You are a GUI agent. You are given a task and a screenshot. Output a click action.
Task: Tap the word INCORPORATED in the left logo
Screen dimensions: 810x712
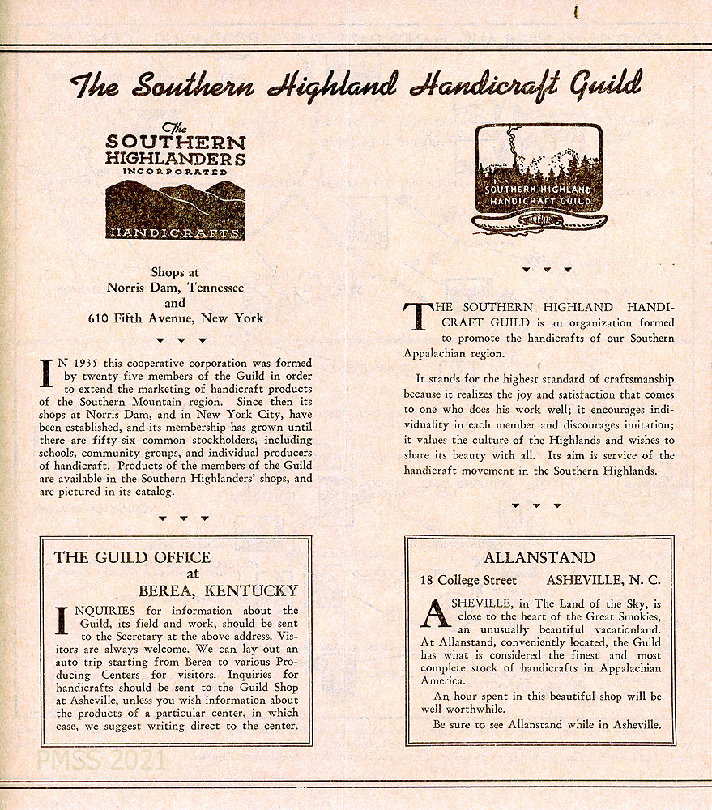tap(176, 172)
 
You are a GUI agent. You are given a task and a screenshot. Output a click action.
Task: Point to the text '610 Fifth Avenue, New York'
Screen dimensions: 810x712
tap(176, 318)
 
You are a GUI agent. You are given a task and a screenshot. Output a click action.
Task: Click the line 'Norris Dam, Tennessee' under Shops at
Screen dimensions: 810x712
tap(175, 288)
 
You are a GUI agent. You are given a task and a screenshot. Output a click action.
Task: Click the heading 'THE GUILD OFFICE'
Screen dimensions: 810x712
tap(132, 557)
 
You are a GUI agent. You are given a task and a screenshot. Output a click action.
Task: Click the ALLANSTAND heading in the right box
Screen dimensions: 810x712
tap(539, 558)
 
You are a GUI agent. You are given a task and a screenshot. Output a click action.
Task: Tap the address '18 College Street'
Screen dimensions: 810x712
tap(468, 580)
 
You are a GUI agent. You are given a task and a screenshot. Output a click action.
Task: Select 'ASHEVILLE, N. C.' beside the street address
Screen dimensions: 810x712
tap(603, 580)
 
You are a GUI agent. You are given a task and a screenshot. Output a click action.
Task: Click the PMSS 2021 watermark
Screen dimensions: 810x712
tap(101, 761)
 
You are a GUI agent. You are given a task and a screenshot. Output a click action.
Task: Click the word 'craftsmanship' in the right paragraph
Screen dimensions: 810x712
tap(637, 379)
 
